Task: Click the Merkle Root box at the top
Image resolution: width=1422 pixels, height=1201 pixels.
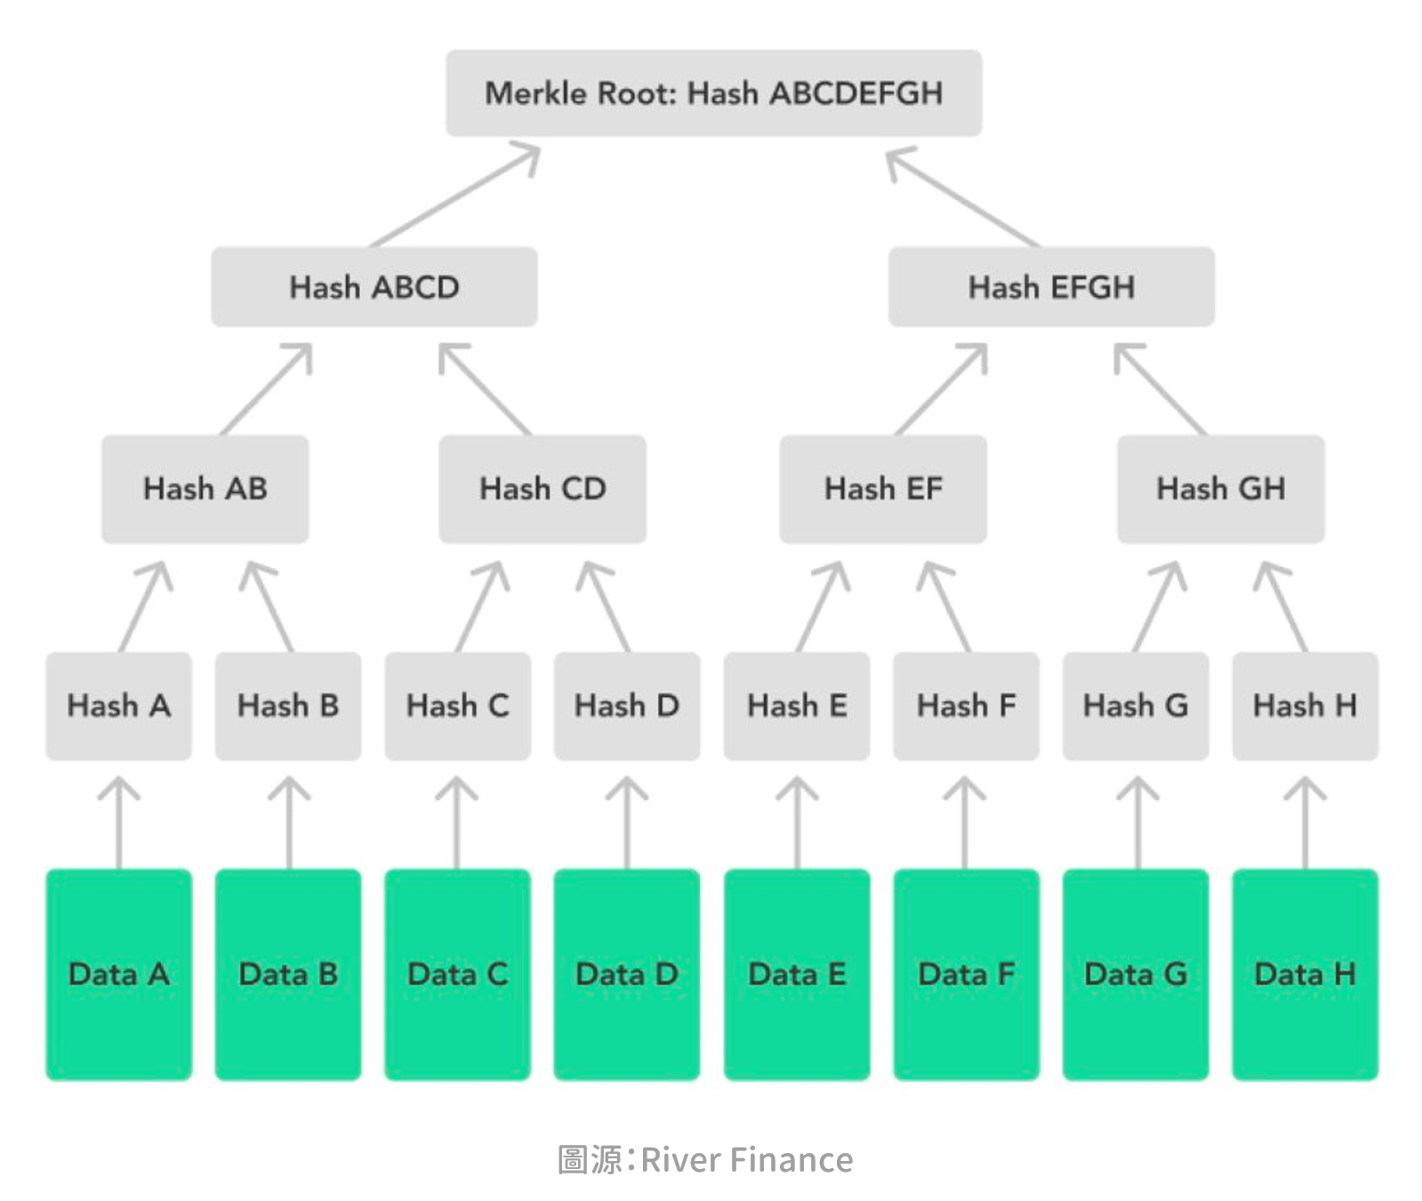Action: pyautogui.click(x=713, y=93)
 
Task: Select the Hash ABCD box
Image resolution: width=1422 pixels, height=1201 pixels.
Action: pyautogui.click(x=374, y=287)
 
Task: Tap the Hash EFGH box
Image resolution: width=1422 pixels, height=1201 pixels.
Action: pyautogui.click(x=1051, y=287)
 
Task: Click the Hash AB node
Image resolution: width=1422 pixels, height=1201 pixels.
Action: pyautogui.click(x=205, y=489)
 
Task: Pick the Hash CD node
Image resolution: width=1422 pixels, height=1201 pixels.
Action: pyautogui.click(x=542, y=489)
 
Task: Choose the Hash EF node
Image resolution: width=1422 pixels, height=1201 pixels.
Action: pyautogui.click(x=883, y=489)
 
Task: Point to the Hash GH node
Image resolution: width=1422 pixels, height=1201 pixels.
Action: pyautogui.click(x=1220, y=489)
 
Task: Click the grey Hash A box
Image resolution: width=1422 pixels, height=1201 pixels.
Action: pyautogui.click(x=118, y=706)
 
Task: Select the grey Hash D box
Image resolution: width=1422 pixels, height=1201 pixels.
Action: pyautogui.click(x=627, y=706)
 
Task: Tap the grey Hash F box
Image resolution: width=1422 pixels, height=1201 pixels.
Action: pyautogui.click(x=966, y=706)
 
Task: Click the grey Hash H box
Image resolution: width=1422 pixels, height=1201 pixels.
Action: pyautogui.click(x=1305, y=706)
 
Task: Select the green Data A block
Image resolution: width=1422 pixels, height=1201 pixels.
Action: pyautogui.click(x=118, y=974)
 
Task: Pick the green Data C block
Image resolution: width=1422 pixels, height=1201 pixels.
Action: pyautogui.click(x=457, y=974)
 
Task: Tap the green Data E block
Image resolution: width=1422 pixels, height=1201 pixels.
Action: pyautogui.click(x=797, y=974)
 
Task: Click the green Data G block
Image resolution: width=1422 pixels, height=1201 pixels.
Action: pyautogui.click(x=1136, y=974)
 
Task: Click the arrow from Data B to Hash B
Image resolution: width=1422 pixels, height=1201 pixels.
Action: pyautogui.click(x=289, y=822)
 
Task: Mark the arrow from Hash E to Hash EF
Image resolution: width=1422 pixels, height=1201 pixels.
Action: pyautogui.click(x=821, y=606)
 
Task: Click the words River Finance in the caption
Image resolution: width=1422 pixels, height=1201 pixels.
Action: pyautogui.click(x=746, y=1160)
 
